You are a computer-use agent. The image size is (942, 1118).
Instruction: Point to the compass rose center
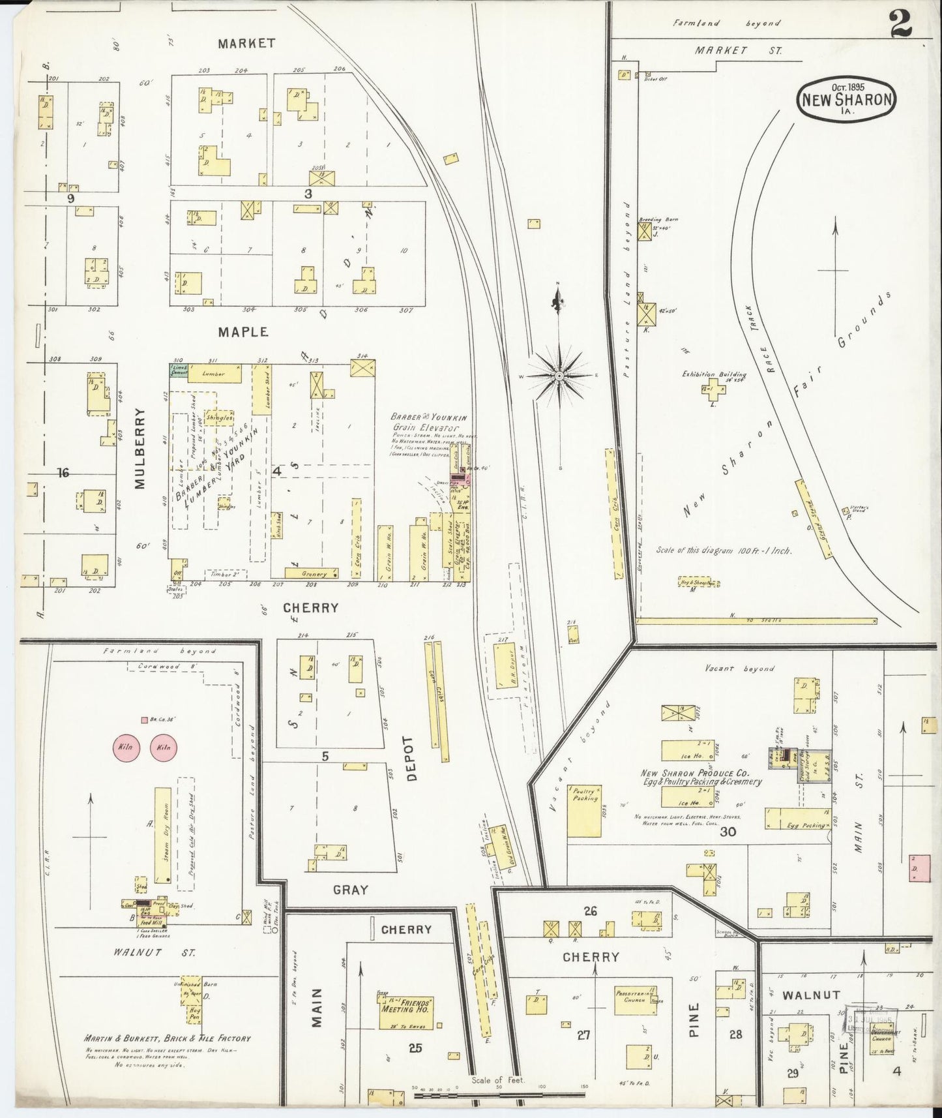559,376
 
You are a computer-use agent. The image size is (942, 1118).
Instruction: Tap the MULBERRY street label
140,447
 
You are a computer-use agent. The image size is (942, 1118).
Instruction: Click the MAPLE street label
243,332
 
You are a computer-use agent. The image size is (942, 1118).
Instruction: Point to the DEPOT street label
409,758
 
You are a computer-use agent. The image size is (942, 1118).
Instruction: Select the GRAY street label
351,889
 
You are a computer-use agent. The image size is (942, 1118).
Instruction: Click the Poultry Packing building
583,810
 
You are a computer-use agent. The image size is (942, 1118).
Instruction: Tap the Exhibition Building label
714,375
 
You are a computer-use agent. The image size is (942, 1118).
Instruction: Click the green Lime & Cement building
178,370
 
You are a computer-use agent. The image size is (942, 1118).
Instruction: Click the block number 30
728,832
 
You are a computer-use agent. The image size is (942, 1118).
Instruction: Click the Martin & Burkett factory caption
167,1038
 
